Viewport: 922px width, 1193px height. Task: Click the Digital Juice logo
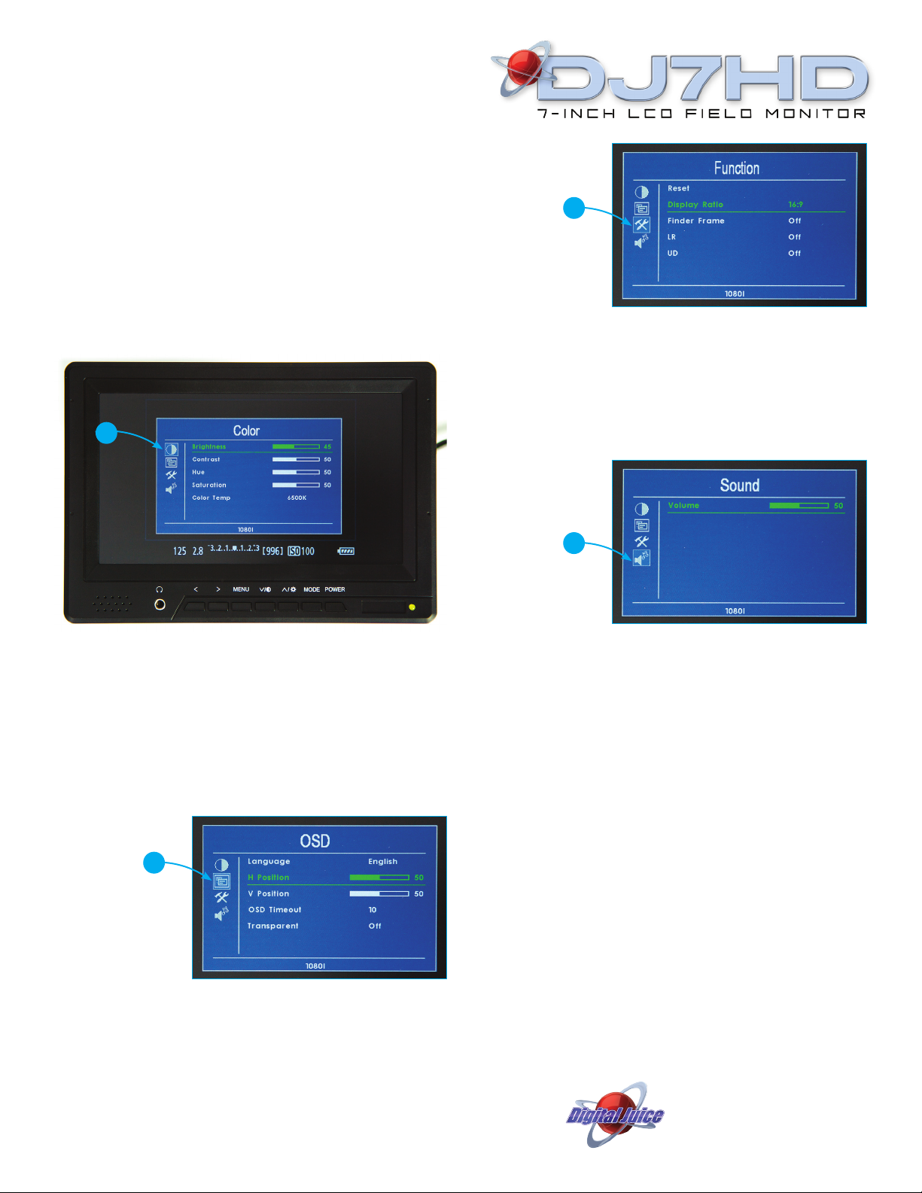pyautogui.click(x=615, y=1115)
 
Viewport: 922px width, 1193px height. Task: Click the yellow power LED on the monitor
pyautogui.click(x=412, y=607)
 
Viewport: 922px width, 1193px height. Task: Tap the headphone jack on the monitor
pyautogui.click(x=160, y=604)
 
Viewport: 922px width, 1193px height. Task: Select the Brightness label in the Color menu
pyautogui.click(x=208, y=447)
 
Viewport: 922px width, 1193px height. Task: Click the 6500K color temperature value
pyautogui.click(x=297, y=498)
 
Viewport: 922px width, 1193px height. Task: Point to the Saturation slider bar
pyautogui.click(x=296, y=485)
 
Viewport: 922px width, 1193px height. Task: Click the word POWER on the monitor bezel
pyautogui.click(x=335, y=589)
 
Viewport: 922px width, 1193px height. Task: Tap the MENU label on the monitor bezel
pyautogui.click(x=241, y=589)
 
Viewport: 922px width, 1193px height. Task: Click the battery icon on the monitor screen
pyautogui.click(x=346, y=551)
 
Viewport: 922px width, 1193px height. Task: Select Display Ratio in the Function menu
pyautogui.click(x=695, y=205)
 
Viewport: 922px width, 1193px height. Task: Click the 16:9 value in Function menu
pyautogui.click(x=796, y=205)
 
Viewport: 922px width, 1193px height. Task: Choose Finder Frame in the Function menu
pyautogui.click(x=696, y=221)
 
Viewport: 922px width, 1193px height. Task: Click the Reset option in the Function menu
pyautogui.click(x=678, y=189)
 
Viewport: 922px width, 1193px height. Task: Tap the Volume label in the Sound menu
pyautogui.click(x=683, y=506)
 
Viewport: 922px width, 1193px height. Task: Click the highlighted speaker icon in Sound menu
pyautogui.click(x=641, y=558)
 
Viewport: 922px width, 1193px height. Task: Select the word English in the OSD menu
pyautogui.click(x=382, y=862)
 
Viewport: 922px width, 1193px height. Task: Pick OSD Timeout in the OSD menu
pyautogui.click(x=275, y=910)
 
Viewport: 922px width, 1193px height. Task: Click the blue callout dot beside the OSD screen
pyautogui.click(x=154, y=863)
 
